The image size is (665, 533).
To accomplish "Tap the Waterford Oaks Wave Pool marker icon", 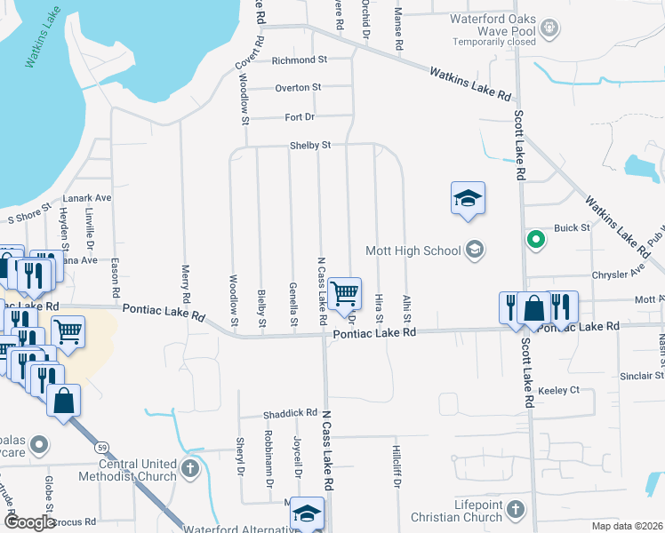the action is [551, 28].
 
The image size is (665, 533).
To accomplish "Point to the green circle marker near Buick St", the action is [535, 238].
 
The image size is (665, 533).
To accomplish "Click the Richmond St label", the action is [300, 60].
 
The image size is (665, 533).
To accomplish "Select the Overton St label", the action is [298, 88].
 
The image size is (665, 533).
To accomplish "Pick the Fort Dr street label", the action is [300, 117].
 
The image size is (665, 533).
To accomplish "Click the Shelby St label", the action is [309, 146].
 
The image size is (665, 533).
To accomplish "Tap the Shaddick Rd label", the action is [290, 414].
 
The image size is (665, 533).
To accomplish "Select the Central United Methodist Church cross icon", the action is [188, 468].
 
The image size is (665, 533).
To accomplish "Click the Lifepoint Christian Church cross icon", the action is [516, 510].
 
